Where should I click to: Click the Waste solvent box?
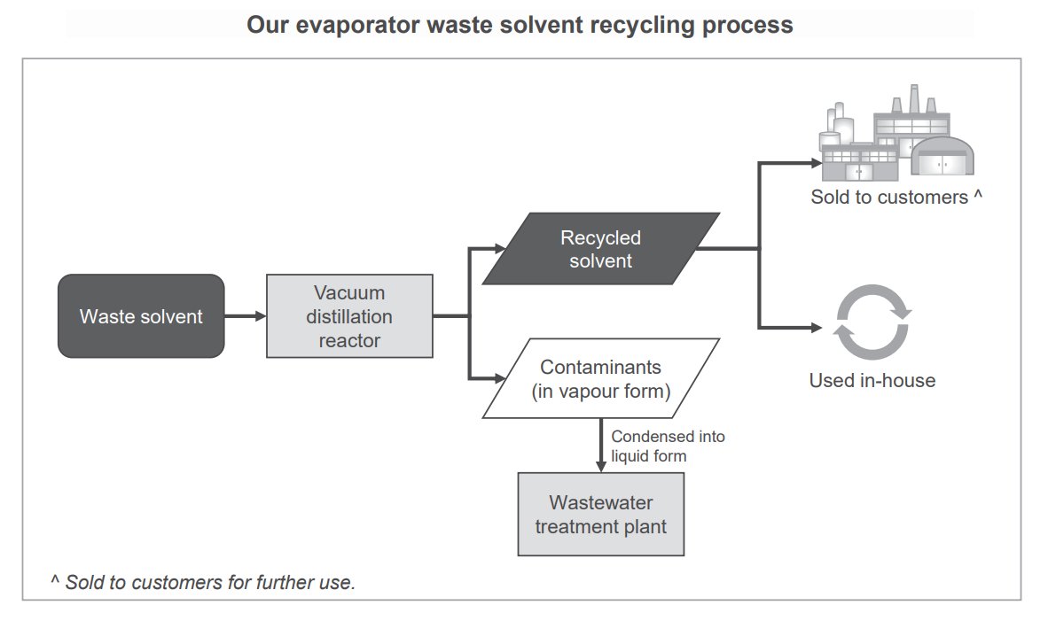(141, 316)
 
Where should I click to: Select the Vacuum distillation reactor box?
(349, 316)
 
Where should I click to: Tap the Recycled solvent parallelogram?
(600, 249)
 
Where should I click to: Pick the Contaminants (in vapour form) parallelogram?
(600, 378)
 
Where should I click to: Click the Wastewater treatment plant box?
(600, 514)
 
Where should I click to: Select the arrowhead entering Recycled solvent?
(497, 250)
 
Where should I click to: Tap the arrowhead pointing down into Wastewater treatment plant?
(601, 466)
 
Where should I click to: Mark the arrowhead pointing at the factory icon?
(817, 163)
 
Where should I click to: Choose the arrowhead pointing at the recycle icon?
(817, 328)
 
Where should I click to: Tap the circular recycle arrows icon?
(872, 322)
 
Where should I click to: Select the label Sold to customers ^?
(895, 198)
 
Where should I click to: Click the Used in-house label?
(872, 381)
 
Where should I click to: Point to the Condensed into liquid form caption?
(667, 446)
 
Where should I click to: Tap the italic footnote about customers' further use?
(203, 582)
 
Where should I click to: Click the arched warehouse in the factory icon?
(943, 159)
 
